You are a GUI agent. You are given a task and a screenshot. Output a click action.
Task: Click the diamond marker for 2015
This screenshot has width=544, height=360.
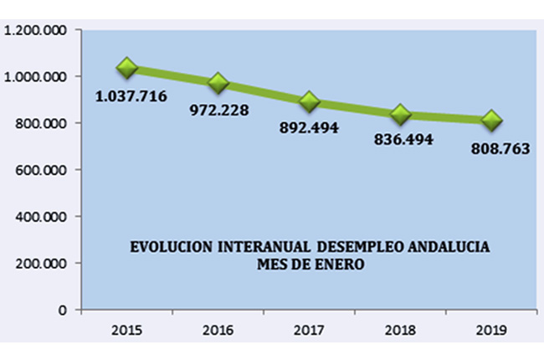click(127, 67)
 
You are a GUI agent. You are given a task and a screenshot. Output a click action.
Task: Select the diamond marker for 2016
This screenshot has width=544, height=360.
click(218, 82)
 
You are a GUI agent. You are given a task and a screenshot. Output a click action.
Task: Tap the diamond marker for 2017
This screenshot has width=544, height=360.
click(310, 101)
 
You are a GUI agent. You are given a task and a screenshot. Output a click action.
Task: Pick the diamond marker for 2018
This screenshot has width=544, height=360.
click(400, 114)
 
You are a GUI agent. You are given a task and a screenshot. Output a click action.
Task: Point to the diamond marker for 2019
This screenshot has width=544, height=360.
click(491, 121)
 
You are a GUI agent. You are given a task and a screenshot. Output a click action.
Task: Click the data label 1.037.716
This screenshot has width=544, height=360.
click(131, 96)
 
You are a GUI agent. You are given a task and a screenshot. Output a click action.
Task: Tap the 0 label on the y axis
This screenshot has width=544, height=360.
click(64, 310)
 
